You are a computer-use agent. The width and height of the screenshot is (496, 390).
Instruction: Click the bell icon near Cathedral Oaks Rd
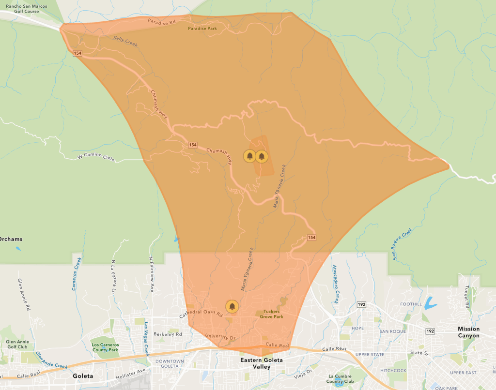[232, 306]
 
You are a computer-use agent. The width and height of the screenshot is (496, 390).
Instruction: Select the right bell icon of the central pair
[262, 156]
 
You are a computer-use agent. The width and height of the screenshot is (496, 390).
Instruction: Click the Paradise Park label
[202, 29]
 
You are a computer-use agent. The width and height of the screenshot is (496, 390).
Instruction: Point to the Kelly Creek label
[125, 42]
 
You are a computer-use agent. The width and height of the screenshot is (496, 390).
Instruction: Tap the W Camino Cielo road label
[96, 158]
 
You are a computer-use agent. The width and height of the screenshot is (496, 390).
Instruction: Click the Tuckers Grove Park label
[273, 314]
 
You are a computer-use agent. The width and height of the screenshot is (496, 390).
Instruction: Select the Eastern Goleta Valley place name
[262, 363]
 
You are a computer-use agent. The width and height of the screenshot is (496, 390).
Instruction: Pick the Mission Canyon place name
[469, 332]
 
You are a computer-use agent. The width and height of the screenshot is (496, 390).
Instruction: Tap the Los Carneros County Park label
[105, 347]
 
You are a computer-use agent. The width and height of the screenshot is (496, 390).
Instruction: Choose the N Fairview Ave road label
[151, 274]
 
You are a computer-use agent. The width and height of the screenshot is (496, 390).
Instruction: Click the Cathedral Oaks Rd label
[201, 314]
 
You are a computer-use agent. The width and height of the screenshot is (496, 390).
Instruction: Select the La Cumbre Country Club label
[345, 379]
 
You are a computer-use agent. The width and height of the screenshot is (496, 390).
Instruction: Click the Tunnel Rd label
[467, 297]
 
